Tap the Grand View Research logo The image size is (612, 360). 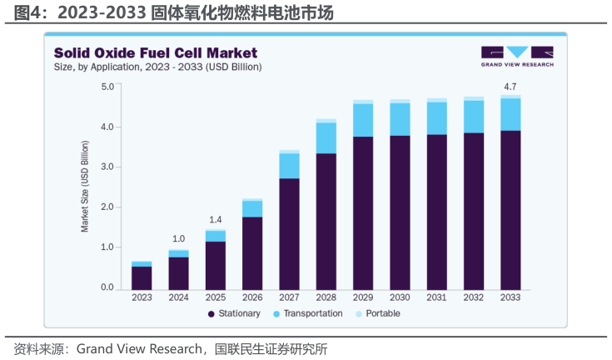(516, 56)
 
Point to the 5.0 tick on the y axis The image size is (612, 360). (107, 87)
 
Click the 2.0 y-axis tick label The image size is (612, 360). (107, 207)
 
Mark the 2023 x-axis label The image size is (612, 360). (142, 297)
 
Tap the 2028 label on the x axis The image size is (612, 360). (326, 297)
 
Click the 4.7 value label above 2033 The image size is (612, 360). (510, 86)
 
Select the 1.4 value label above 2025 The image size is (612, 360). (215, 219)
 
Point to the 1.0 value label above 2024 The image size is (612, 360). (178, 239)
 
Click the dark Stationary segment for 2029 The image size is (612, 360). (362, 212)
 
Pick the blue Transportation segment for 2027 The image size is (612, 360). (289, 166)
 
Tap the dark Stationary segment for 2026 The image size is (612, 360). (251, 252)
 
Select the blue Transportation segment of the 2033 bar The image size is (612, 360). (510, 114)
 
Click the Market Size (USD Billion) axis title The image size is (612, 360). (85, 187)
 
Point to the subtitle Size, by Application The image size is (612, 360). (158, 67)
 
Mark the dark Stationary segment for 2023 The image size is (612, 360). (142, 277)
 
